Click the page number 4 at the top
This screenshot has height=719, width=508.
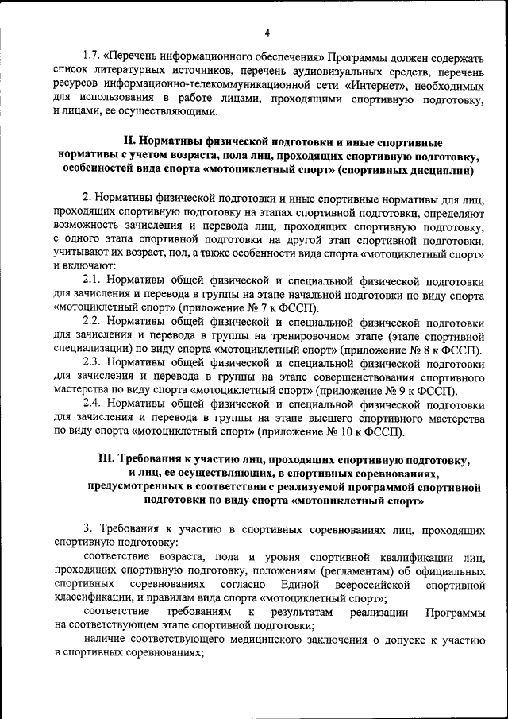[267, 33]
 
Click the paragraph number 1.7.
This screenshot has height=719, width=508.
[94, 60]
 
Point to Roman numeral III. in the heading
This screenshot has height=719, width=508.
[106, 459]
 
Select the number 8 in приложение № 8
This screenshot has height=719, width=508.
[433, 350]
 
